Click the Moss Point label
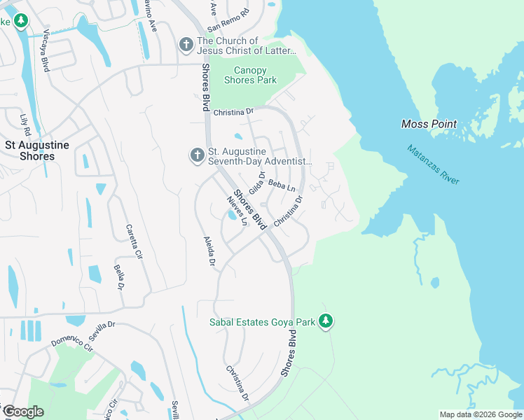click(429, 125)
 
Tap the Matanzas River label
click(434, 165)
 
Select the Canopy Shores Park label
click(250, 75)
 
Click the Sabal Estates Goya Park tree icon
click(325, 321)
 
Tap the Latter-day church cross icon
click(186, 45)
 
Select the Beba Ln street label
click(282, 186)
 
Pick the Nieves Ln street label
click(238, 211)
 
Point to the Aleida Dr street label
click(208, 252)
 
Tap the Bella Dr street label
click(120, 277)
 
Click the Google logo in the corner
click(23, 411)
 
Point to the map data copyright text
click(481, 414)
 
